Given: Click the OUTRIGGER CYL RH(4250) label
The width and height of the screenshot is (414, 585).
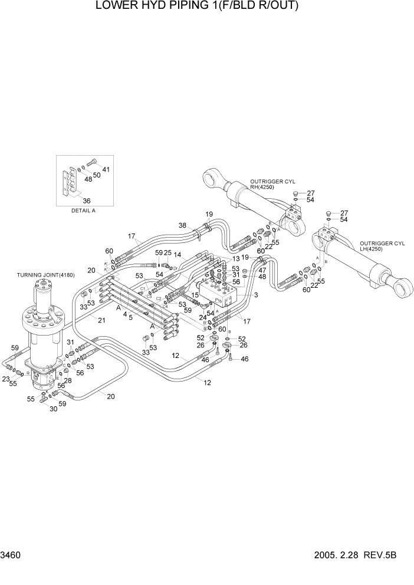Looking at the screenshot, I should [x=272, y=185].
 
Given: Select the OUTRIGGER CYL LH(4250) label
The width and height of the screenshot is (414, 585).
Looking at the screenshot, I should [x=383, y=247].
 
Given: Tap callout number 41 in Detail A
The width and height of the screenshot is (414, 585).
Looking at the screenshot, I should [x=106, y=170].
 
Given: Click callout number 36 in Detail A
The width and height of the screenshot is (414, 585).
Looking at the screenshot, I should [x=86, y=201].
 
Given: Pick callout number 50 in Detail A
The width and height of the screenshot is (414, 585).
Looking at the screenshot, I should [x=97, y=175].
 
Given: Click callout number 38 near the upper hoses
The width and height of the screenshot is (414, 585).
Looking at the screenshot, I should [x=183, y=225].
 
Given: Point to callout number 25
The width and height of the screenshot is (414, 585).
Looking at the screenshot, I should [x=167, y=253].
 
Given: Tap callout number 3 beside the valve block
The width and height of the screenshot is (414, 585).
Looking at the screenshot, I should [x=257, y=294].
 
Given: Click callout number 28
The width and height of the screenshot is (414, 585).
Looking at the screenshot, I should [x=67, y=381].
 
